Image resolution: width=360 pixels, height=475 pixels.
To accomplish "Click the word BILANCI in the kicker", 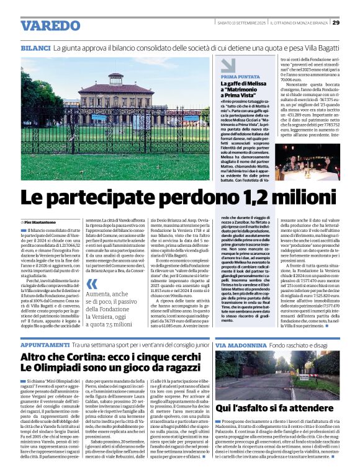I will pos(35,48).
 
